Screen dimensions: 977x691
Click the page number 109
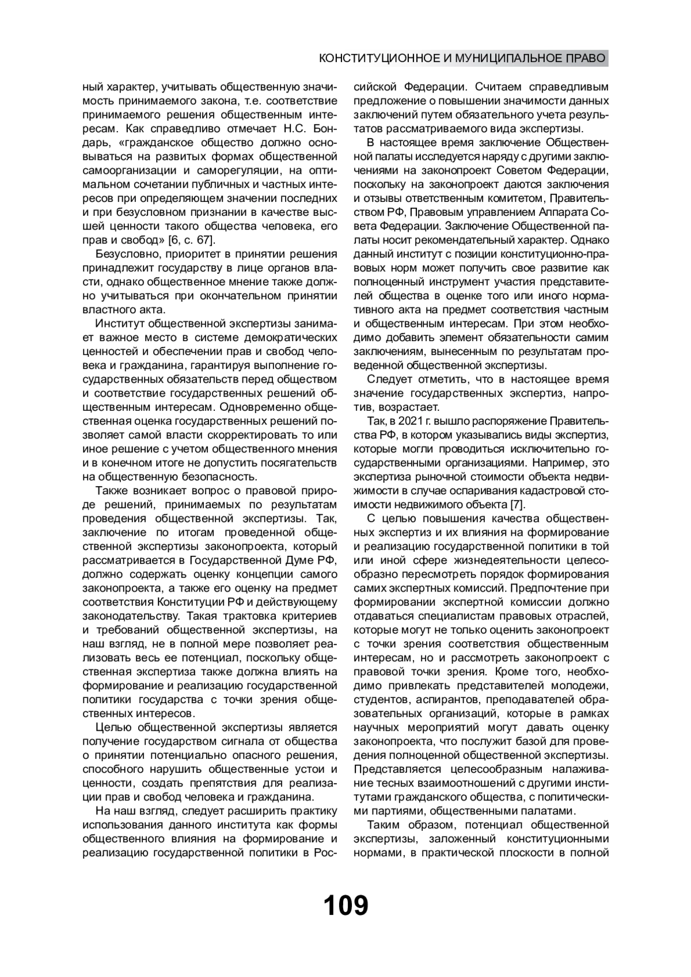tap(345, 905)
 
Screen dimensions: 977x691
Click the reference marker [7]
tap(517, 505)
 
